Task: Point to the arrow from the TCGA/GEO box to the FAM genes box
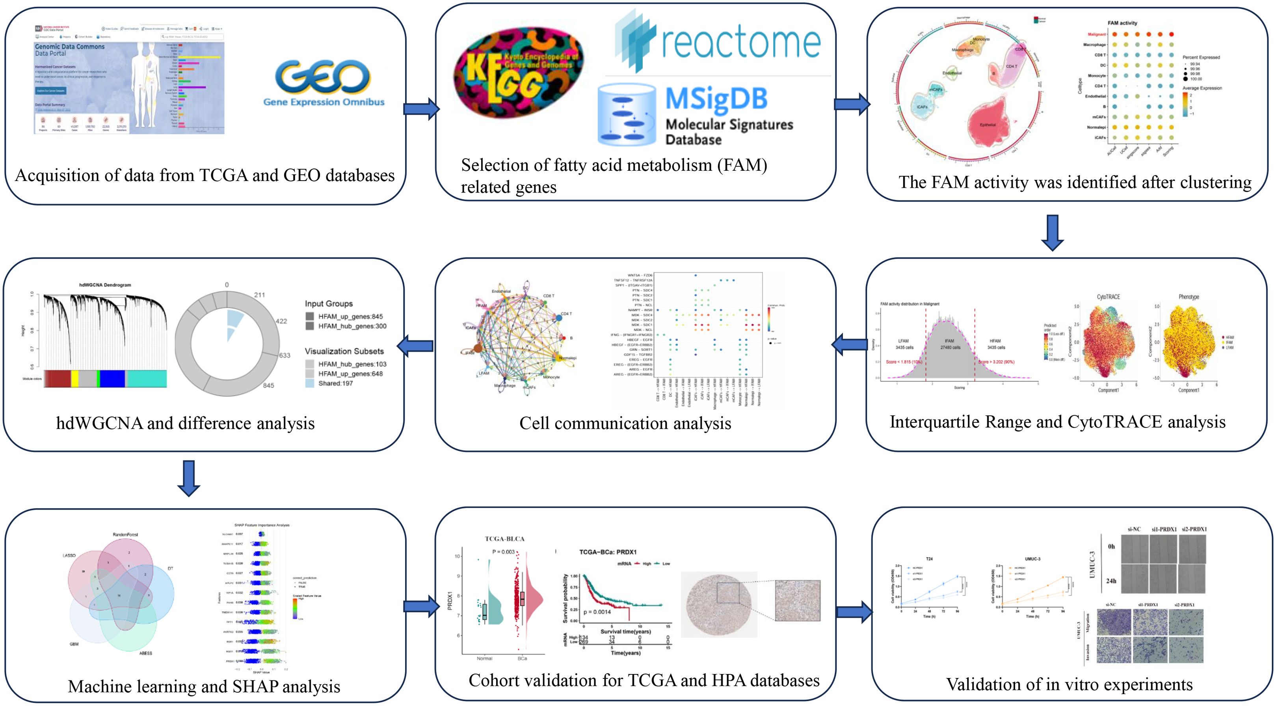click(x=421, y=108)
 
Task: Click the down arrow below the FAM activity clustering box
click(x=1052, y=232)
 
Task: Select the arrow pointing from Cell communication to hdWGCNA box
click(x=415, y=346)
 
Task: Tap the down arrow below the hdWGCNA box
click(x=189, y=478)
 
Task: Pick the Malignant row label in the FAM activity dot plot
click(x=1097, y=34)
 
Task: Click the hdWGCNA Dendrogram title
click(x=105, y=285)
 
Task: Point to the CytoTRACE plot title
click(x=1108, y=297)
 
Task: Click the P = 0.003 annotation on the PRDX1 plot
click(x=503, y=552)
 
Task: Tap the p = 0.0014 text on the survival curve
click(x=597, y=612)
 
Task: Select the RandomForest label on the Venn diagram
click(x=125, y=535)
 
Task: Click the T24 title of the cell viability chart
click(x=929, y=559)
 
